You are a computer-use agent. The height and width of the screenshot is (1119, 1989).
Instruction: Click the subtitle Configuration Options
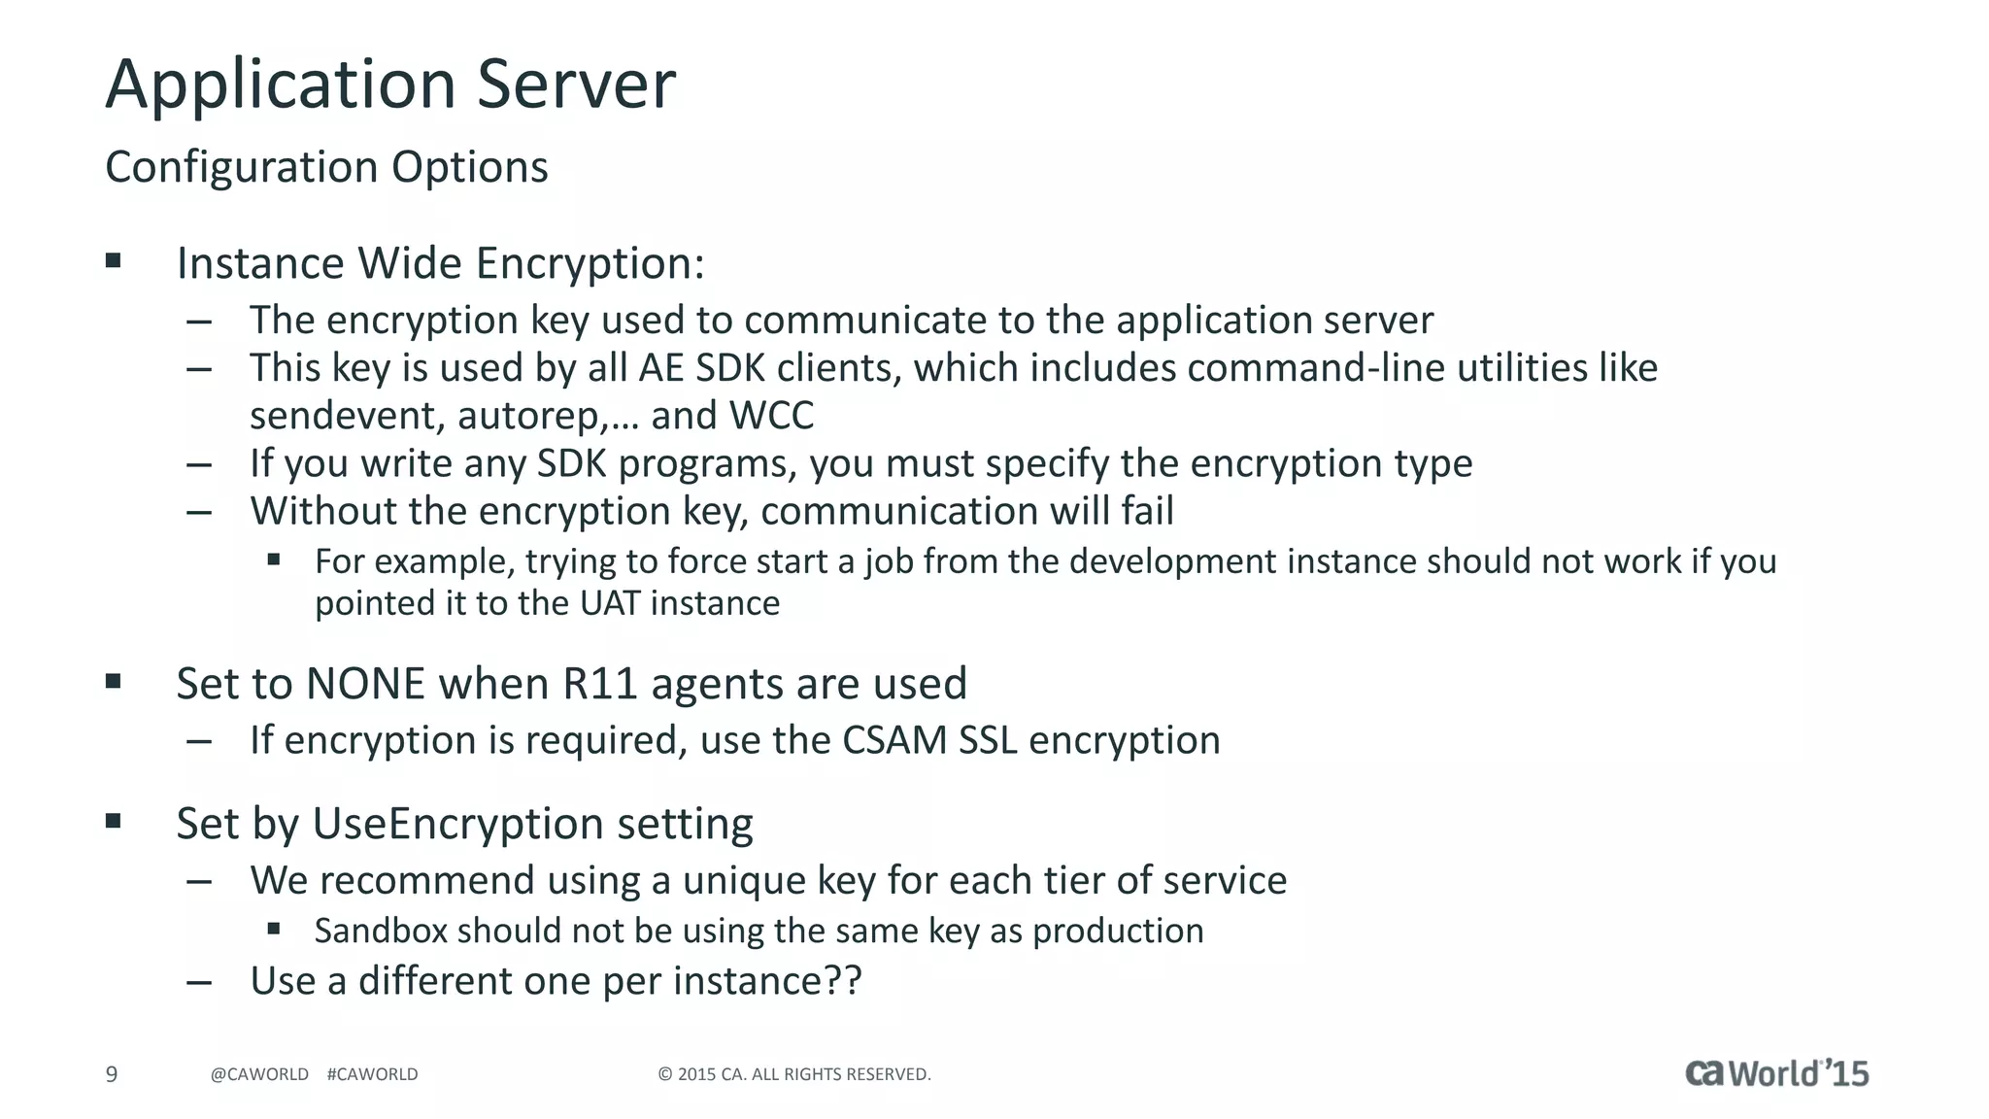[326, 167]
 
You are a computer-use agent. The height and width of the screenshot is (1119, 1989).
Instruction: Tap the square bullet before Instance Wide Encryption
[114, 260]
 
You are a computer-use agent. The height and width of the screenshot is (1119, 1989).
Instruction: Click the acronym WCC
[771, 416]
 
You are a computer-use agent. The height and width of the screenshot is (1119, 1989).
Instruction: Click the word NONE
[365, 684]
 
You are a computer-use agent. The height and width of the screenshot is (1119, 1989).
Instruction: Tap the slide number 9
[112, 1074]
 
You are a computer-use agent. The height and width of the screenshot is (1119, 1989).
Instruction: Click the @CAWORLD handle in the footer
[259, 1074]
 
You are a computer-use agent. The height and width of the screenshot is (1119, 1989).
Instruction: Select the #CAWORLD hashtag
[373, 1074]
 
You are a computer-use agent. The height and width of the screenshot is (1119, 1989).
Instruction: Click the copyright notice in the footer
[794, 1074]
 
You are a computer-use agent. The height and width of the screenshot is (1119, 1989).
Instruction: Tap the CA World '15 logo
[1776, 1073]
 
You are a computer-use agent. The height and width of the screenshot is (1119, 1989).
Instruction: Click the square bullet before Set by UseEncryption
[114, 822]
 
